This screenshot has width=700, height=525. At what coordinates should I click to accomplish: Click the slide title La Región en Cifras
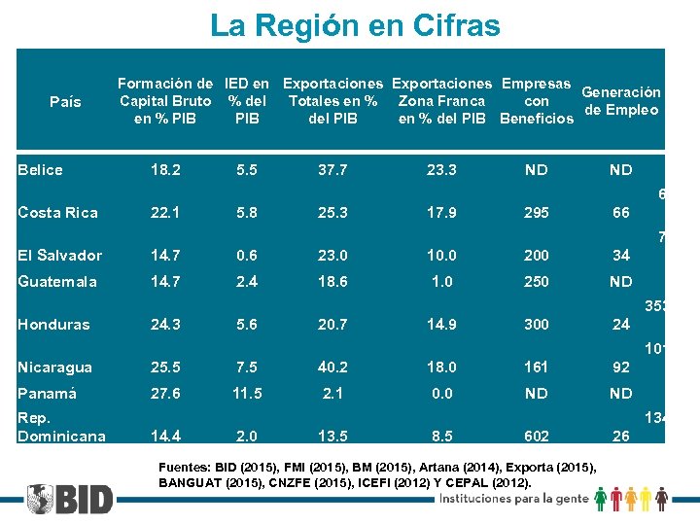click(x=355, y=25)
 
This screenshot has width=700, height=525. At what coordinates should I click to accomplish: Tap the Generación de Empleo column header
click(x=621, y=101)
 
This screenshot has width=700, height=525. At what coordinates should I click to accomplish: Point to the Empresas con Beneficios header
click(x=536, y=101)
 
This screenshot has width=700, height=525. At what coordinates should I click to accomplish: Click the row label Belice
click(x=40, y=170)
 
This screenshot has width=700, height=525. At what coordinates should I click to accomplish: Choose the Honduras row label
click(x=53, y=325)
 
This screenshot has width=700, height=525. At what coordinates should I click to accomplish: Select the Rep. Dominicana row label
click(x=61, y=428)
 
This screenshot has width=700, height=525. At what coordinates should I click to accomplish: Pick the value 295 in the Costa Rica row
click(x=536, y=213)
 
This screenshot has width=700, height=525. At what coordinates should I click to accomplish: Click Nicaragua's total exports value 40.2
click(x=332, y=367)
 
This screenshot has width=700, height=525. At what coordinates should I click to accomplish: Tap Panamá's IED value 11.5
click(x=247, y=394)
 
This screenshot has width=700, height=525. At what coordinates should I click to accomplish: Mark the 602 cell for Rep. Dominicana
click(x=536, y=437)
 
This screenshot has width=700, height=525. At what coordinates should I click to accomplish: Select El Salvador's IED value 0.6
click(x=247, y=256)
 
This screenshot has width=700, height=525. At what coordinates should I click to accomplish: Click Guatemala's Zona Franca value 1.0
click(x=441, y=282)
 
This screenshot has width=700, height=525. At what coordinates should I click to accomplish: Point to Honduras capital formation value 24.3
click(x=164, y=325)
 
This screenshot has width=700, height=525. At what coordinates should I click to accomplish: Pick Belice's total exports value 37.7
click(x=332, y=170)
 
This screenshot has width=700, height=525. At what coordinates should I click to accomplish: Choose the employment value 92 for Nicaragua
click(x=620, y=367)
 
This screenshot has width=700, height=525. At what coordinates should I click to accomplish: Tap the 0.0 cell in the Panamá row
click(x=441, y=394)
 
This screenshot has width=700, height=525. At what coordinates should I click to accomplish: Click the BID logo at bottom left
click(x=70, y=499)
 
